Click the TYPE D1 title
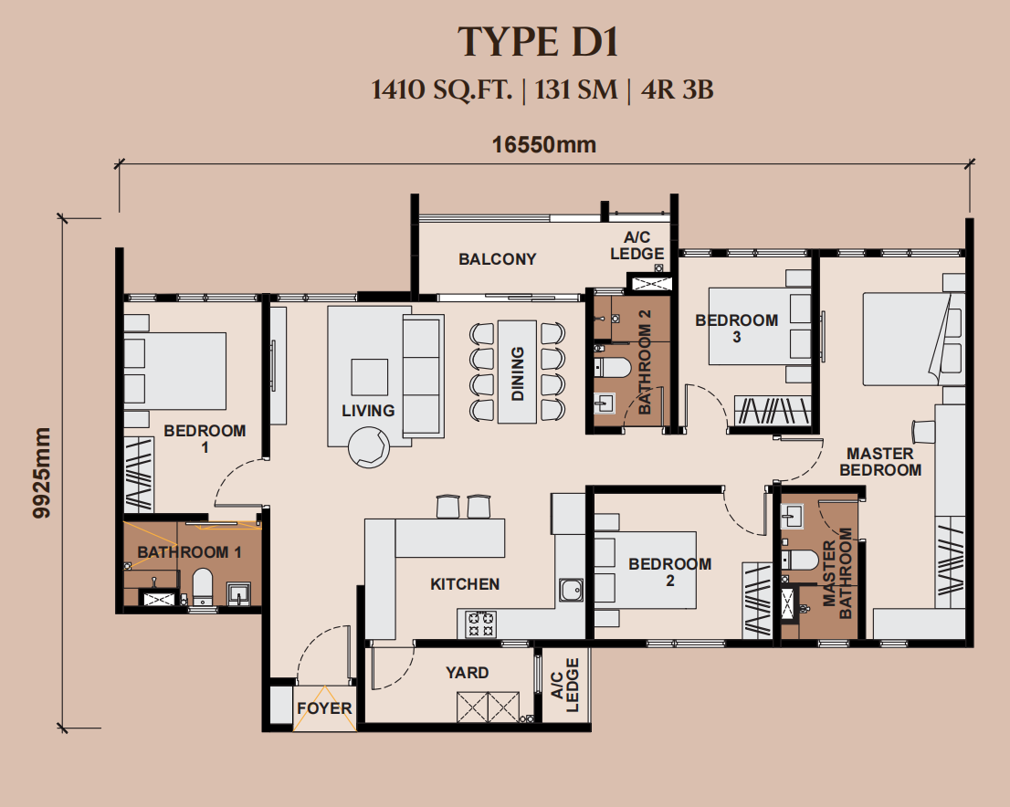[538, 43]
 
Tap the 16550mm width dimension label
[544, 145]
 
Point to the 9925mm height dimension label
[42, 473]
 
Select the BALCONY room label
[498, 259]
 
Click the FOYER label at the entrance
[325, 708]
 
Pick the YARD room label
[467, 673]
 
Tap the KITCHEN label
[465, 584]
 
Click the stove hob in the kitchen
[480, 624]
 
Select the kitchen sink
[571, 590]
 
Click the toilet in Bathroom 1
[202, 587]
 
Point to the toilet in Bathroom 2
[612, 367]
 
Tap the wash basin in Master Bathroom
[792, 516]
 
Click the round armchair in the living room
[369, 447]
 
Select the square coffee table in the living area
[369, 377]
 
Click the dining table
[517, 372]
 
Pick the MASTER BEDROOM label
[880, 462]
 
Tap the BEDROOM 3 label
[737, 329]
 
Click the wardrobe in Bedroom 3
[772, 411]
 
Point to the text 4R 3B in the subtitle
[678, 89]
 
